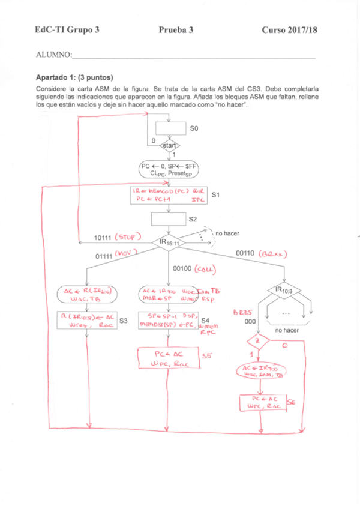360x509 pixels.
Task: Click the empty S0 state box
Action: [x=170, y=128]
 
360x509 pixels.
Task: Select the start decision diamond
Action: [x=170, y=146]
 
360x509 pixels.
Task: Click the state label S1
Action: [x=217, y=195]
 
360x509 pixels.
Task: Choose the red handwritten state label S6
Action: [x=292, y=403]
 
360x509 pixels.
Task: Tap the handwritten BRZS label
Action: [x=241, y=313]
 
